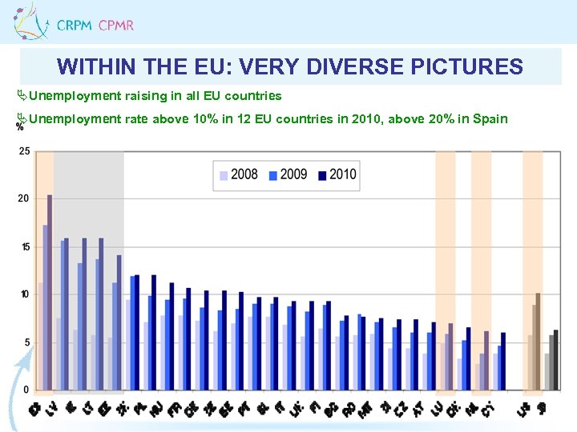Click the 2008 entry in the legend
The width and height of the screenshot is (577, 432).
coord(244,174)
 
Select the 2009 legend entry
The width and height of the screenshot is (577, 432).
coord(293,174)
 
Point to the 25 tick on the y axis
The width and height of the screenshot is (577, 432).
coord(24,151)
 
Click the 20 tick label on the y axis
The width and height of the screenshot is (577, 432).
coord(24,198)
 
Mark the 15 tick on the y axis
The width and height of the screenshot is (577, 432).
coord(24,246)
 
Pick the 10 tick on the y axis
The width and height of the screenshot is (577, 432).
coord(24,294)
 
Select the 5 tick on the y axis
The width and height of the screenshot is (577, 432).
coord(26,342)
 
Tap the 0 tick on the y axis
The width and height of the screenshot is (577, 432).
coord(26,390)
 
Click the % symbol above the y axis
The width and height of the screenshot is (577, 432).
coord(19,127)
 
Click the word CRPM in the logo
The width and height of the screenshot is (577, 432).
coord(74,26)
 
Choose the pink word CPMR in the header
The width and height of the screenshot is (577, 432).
coord(115,26)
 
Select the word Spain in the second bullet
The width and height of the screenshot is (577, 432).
coord(490,119)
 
